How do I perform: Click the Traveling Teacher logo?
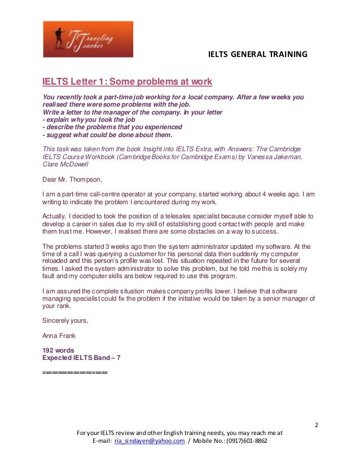[x=87, y=39]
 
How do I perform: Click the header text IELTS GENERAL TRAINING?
[x=258, y=55]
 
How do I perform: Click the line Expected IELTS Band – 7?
[x=81, y=358]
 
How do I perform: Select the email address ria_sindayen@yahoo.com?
[x=150, y=441]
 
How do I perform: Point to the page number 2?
[x=316, y=424]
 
